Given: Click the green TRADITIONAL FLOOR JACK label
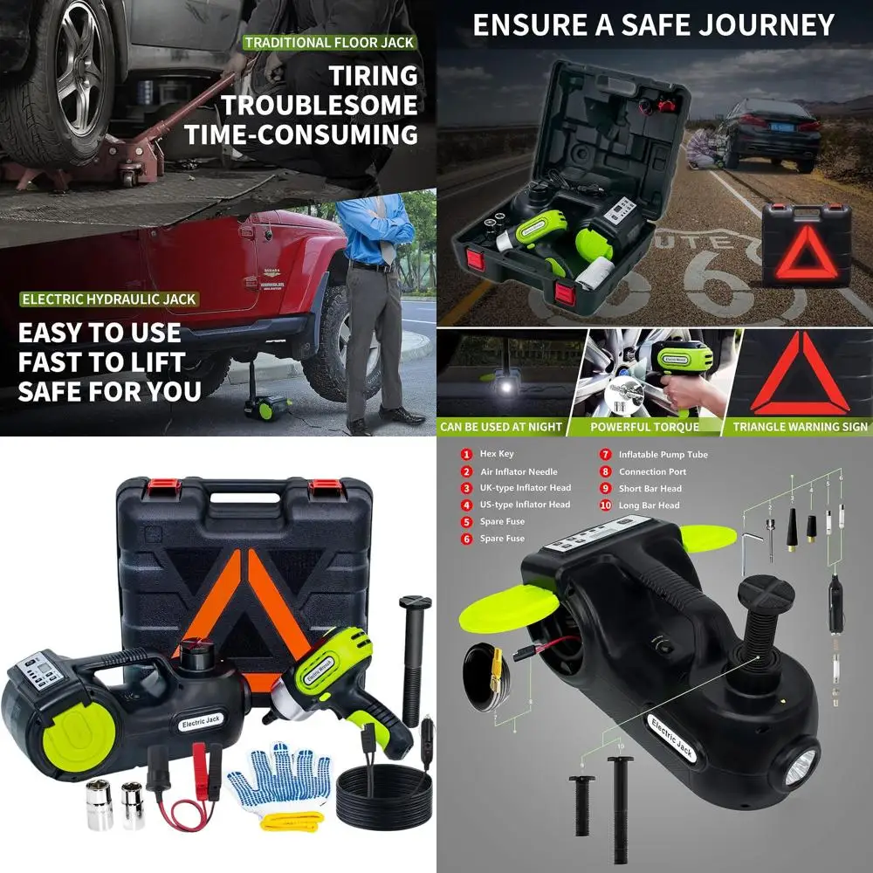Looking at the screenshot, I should pyautogui.click(x=328, y=42).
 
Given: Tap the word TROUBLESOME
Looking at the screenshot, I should pyautogui.click(x=319, y=106).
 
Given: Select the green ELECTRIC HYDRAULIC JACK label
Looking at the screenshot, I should pyautogui.click(x=109, y=299).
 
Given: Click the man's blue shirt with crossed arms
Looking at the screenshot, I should pyautogui.click(x=376, y=229).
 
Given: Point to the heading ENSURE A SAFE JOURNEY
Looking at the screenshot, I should pyautogui.click(x=654, y=24).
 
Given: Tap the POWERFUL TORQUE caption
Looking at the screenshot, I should pyautogui.click(x=644, y=427).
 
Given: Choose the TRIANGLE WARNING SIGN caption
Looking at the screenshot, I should pyautogui.click(x=800, y=427).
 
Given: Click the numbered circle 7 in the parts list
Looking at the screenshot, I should pyautogui.click(x=604, y=455).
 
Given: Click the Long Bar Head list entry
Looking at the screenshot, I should pyautogui.click(x=650, y=505).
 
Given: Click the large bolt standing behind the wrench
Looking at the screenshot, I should pyautogui.click(x=413, y=655).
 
